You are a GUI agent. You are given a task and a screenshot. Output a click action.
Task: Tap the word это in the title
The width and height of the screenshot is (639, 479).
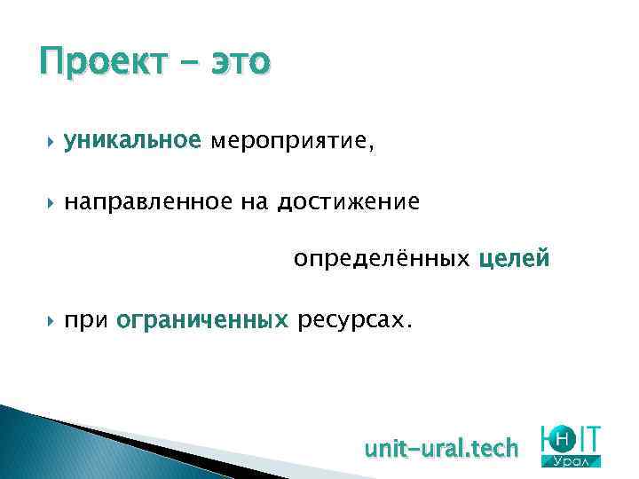(239, 62)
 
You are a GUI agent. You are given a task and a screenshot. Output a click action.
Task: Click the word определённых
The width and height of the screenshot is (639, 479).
(382, 260)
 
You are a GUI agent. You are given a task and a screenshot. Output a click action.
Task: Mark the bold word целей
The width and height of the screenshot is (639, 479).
(515, 260)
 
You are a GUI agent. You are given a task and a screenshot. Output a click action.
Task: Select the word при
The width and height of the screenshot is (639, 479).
(85, 319)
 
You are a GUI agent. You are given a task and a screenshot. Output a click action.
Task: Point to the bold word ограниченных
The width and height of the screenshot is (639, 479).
(202, 319)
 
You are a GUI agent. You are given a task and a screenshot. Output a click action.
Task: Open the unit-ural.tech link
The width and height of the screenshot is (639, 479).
(440, 449)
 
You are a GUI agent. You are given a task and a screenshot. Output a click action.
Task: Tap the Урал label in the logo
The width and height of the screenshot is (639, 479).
(575, 461)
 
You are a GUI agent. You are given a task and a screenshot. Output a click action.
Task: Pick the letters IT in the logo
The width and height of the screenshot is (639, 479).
(588, 437)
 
